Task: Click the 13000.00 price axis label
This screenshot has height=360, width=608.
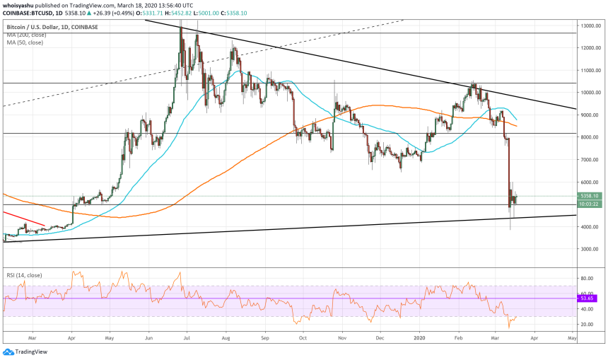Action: pos(591,25)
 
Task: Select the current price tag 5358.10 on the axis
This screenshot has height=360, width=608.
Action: pos(590,196)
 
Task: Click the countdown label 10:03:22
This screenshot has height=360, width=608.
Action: pos(590,204)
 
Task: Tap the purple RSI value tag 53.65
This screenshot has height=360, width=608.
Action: pos(588,298)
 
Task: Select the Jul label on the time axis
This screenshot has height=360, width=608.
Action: pos(186,339)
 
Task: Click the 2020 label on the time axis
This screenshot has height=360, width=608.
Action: pos(421,339)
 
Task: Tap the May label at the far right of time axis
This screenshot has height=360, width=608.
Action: pos(571,339)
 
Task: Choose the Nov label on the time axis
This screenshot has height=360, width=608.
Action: pos(341,339)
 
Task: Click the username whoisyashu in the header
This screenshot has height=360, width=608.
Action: pos(20,5)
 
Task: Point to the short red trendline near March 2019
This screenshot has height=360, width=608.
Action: pos(24,218)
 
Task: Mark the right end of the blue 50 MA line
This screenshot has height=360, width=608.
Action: pos(515,119)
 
